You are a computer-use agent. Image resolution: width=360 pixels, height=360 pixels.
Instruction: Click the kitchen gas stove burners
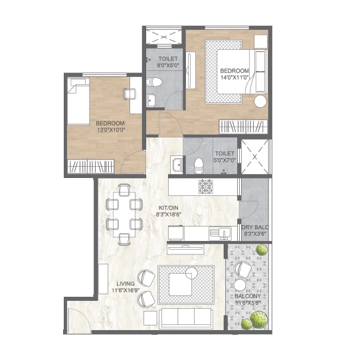pyautogui.click(x=206, y=186)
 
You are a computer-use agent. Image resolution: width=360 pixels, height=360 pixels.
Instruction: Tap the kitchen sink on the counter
pyautogui.click(x=220, y=233)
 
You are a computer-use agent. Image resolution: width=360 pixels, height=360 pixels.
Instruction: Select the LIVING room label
pyautogui.click(x=126, y=284)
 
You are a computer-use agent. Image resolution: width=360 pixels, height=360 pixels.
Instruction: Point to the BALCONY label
pyautogui.click(x=248, y=296)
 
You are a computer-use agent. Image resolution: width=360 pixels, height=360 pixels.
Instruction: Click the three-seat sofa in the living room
pyautogui.click(x=186, y=317)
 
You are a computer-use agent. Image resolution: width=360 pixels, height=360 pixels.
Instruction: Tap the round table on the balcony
pyautogui.click(x=240, y=285)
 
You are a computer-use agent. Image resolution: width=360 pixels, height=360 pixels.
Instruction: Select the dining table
pyautogui.click(x=124, y=215)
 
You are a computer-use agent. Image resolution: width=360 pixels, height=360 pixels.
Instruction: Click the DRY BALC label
pyautogui.click(x=255, y=227)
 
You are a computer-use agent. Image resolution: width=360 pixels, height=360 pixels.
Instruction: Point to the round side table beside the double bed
pyautogui.click(x=260, y=101)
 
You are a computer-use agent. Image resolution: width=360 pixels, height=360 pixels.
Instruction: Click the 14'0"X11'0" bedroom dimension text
pyautogui.click(x=234, y=77)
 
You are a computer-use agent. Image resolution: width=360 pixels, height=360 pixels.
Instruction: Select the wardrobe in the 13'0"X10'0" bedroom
pyautogui.click(x=91, y=166)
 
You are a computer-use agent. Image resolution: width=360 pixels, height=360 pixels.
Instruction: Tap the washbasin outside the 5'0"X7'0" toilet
pyautogui.click(x=177, y=164)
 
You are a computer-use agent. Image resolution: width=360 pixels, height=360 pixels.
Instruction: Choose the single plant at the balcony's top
pyautogui.click(x=262, y=250)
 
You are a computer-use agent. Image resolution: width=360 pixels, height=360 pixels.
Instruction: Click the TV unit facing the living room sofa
pyautogui.click(x=185, y=249)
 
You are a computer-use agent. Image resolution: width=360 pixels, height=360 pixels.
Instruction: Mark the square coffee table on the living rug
pyautogui.click(x=181, y=284)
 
